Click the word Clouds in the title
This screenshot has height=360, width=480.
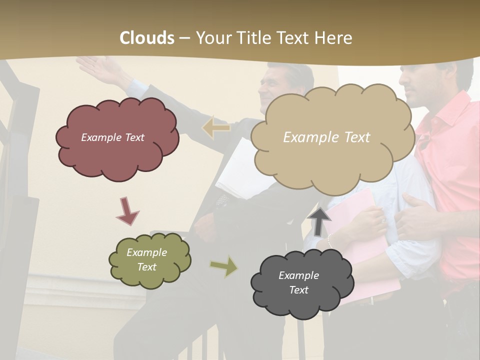click(147, 38)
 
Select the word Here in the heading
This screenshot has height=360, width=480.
click(333, 38)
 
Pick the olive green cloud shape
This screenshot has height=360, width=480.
click(149, 260)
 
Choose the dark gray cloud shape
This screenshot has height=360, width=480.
click(302, 283)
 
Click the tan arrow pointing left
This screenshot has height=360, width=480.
click(216, 127)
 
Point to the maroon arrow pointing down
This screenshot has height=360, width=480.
click(127, 211)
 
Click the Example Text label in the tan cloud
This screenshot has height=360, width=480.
click(326, 137)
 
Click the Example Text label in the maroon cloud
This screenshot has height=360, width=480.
click(112, 137)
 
